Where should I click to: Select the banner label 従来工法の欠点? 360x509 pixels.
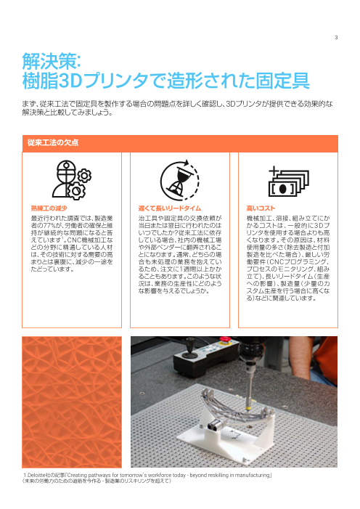(53, 142)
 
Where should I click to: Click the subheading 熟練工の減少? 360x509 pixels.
(49, 207)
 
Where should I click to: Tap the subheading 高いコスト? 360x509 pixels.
(260, 207)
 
